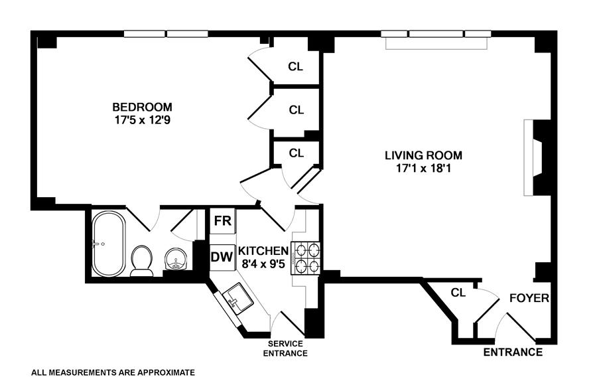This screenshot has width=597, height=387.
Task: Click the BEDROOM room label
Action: coord(142,107)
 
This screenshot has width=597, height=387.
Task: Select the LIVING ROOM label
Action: coord(423,155)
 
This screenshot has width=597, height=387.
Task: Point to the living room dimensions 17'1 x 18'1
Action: coord(423,169)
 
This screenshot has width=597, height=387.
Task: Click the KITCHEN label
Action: coord(263,251)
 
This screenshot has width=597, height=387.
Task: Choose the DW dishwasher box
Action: coord(222,256)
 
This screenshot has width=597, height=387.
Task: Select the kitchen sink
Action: coord(236,298)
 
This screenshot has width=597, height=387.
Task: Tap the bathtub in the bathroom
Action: coord(107,244)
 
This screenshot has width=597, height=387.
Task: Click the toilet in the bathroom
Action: coord(142,260)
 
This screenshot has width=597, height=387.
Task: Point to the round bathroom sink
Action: coord(176,259)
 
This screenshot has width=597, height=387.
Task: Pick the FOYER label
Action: coord(529,298)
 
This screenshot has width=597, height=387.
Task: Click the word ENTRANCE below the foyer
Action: coord(513,352)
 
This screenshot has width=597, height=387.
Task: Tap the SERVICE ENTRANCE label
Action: coord(285,348)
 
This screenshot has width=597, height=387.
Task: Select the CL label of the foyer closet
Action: coord(458,292)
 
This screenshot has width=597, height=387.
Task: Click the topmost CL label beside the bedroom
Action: coord(296,66)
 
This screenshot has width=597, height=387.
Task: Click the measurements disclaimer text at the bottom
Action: coord(113,373)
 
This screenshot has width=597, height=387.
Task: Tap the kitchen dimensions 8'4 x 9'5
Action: coord(264,264)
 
